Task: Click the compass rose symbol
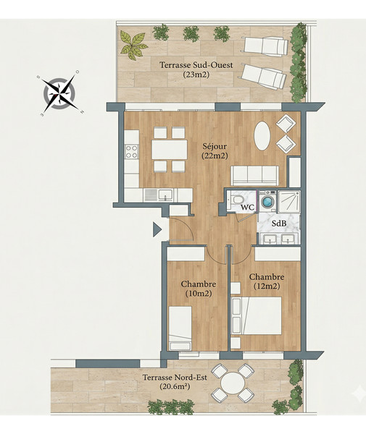click(x=59, y=93)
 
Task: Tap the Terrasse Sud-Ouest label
click(x=196, y=69)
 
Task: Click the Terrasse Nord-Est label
click(x=175, y=382)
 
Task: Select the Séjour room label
click(x=215, y=151)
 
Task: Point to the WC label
click(x=248, y=208)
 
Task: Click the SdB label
click(x=278, y=224)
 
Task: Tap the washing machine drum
click(x=268, y=201)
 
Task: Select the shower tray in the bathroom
click(x=289, y=202)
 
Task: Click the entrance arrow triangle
click(x=157, y=229)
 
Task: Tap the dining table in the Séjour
click(x=170, y=150)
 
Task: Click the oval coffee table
click(x=262, y=136)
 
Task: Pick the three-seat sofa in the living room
click(x=255, y=176)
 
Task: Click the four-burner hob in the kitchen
click(x=132, y=152)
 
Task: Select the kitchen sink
click(x=165, y=195)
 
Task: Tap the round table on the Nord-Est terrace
click(x=233, y=383)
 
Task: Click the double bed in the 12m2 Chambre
click(x=257, y=316)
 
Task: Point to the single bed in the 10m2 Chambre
click(x=180, y=328)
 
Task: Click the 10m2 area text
click(x=199, y=294)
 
